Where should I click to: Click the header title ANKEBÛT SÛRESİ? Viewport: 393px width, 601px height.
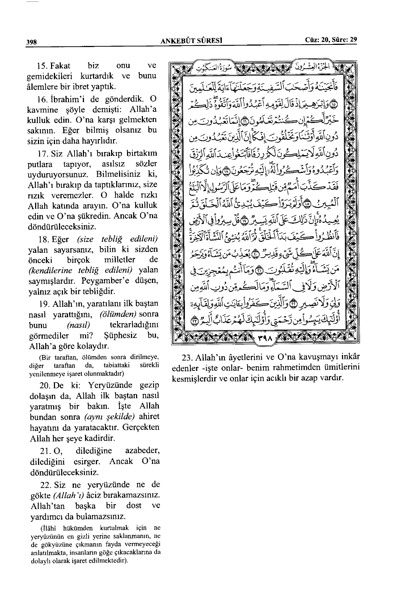pos(191,41)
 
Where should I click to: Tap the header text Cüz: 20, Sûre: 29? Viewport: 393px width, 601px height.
pos(331,40)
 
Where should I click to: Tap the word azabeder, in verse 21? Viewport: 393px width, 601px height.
pos(142,451)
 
